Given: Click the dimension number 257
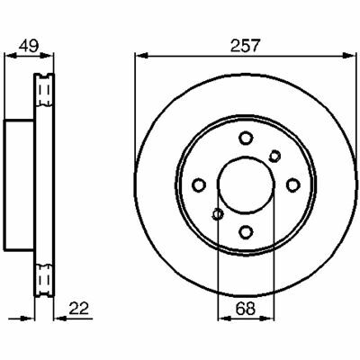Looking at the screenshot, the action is click(244, 46).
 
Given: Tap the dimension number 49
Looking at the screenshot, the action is click(29, 46).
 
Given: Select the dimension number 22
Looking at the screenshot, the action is click(79, 309).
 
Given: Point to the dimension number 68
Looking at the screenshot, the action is click(246, 309).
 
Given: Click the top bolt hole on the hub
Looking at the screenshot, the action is click(246, 138).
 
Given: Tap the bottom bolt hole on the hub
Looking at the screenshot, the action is click(246, 231).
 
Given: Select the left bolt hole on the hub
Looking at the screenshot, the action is click(199, 184).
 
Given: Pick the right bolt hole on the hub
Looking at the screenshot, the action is click(292, 184).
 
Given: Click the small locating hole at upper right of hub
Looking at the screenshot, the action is click(274, 156).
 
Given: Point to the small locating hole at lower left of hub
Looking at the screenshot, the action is click(217, 214).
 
